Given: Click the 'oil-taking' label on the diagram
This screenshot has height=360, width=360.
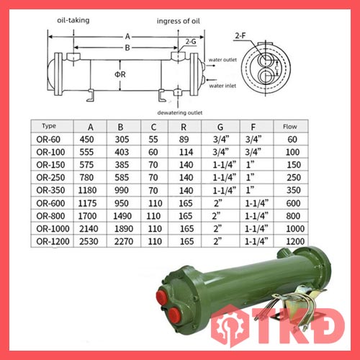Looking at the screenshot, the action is coord(73,20).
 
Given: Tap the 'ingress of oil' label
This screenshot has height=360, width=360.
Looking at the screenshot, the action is coord(178,21).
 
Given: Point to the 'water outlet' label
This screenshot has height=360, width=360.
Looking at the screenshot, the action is coord(222,60).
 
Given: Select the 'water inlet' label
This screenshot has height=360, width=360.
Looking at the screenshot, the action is coord(222,86).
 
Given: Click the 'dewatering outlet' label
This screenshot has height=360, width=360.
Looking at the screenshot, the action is coord(180,112).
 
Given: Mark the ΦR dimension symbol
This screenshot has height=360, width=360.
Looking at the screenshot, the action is coord(120,74).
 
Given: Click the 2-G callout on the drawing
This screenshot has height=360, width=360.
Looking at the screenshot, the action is coord(191,42).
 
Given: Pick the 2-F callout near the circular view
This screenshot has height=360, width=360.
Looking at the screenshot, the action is coord(240,36).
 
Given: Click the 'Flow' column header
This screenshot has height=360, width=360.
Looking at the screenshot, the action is coord(290,127).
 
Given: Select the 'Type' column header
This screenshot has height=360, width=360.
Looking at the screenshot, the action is coord(49,126).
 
